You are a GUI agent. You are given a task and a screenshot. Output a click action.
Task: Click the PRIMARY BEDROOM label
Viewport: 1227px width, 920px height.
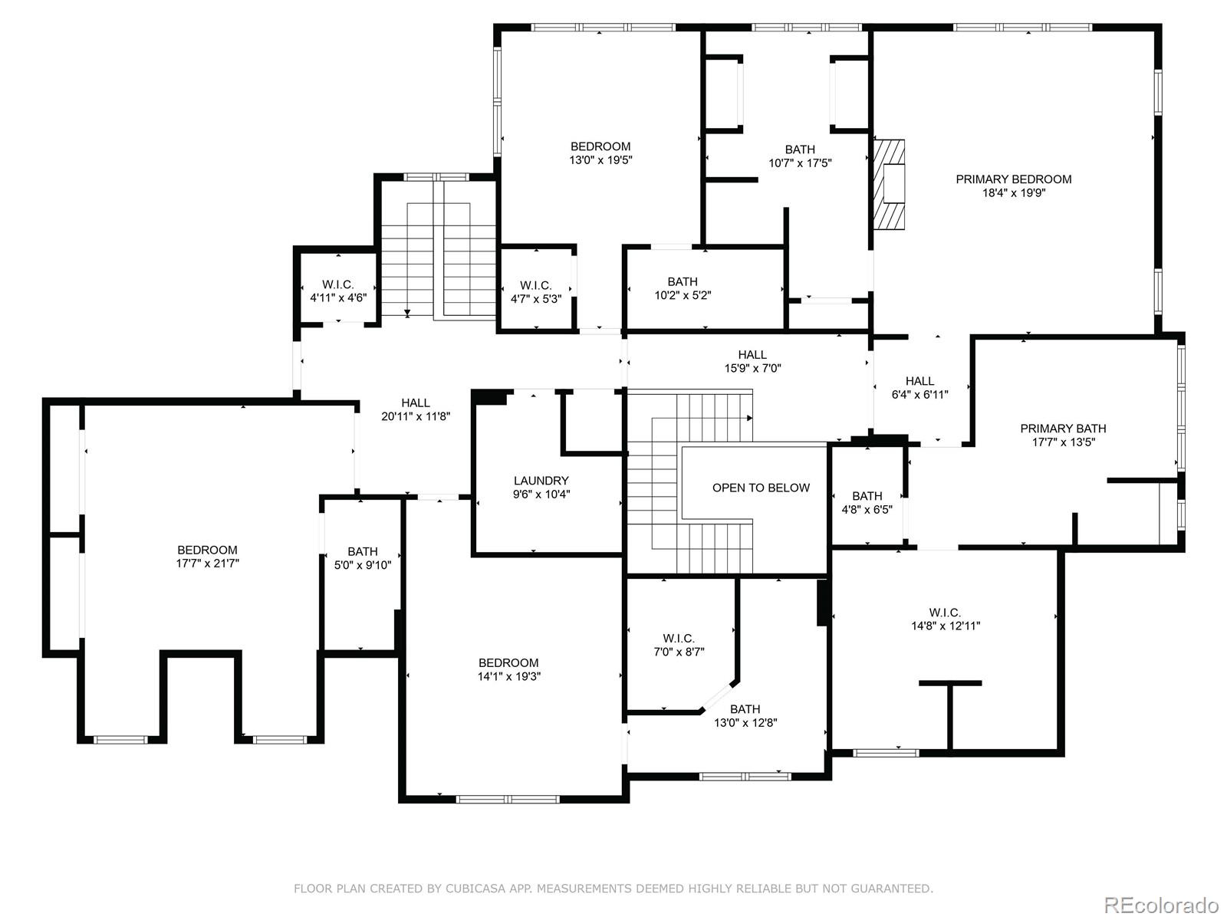click(1014, 179)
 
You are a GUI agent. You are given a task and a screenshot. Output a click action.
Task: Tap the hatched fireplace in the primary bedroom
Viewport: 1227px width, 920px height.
click(889, 184)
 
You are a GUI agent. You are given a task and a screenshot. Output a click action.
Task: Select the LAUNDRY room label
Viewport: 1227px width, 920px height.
click(541, 481)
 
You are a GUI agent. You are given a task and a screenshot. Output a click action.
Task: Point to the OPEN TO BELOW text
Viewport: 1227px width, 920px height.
click(761, 488)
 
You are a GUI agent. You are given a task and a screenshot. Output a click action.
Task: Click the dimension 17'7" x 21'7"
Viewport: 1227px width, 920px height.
click(207, 563)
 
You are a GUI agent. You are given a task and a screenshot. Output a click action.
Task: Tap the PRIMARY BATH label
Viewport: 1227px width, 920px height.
click(1063, 429)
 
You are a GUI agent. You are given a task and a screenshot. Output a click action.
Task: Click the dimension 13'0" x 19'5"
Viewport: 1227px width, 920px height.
click(601, 159)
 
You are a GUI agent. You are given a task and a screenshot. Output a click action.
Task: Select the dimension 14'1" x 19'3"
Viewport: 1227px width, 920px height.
click(508, 676)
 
